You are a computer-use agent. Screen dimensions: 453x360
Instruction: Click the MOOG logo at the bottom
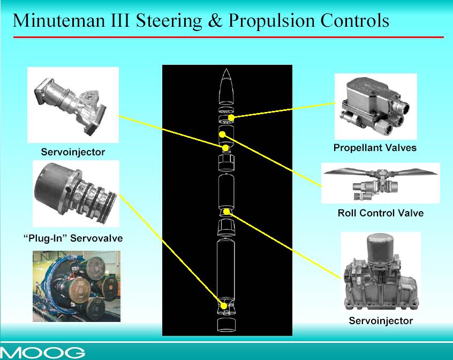coord(42,352)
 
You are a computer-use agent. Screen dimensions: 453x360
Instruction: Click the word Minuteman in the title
coord(58,20)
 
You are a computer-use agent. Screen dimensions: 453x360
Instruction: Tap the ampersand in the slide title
coord(215,21)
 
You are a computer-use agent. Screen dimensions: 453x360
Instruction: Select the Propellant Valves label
coord(375,148)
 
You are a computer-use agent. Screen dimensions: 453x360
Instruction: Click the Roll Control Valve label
coord(381,213)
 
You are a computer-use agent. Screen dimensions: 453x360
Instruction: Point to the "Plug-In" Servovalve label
coord(73,238)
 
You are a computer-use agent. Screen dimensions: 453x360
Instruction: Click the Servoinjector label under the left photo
coord(73,152)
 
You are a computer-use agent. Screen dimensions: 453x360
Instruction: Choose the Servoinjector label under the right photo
coord(381,320)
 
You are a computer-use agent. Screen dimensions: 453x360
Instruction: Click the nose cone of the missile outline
coord(226,86)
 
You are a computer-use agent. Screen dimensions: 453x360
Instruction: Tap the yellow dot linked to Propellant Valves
coord(231,118)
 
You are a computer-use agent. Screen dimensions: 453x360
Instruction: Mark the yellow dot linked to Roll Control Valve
coord(222,134)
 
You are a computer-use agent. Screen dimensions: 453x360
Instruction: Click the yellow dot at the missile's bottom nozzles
coord(224,306)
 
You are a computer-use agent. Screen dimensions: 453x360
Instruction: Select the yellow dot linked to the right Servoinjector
coord(227,212)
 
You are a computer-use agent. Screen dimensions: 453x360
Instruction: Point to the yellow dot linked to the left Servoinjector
coord(225,148)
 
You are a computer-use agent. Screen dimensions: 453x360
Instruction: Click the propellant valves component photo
coord(375,106)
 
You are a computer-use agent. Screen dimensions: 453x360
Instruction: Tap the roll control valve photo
coord(381,183)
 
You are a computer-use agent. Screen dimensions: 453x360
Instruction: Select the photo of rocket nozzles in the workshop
coord(76,286)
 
